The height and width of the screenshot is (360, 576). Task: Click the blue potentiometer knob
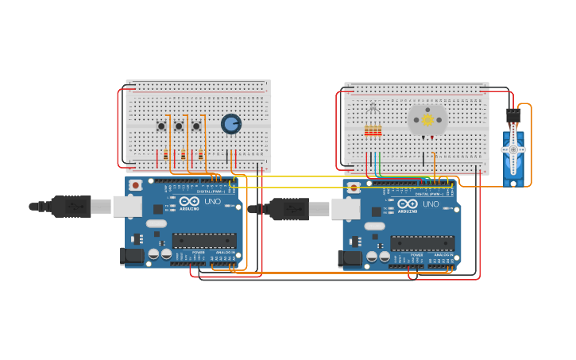(230, 124)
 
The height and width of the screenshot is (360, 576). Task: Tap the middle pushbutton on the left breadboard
(179, 126)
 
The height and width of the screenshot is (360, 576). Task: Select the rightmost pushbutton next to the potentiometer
(196, 126)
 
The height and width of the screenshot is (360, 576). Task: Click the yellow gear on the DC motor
(427, 120)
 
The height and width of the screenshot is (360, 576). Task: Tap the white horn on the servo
(513, 149)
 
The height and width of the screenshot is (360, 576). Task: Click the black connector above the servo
(513, 116)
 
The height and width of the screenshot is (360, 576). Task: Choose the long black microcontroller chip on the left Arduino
(204, 240)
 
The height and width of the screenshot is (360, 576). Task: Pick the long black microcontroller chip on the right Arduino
(422, 242)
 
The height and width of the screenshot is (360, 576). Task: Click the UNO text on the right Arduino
(430, 204)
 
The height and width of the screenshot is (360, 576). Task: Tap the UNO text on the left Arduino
(212, 202)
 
